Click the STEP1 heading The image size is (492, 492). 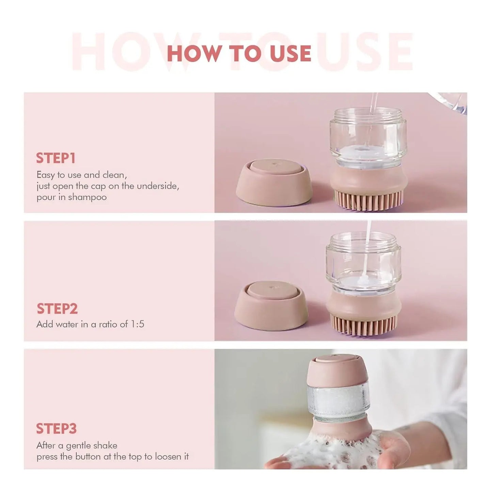pos(56,158)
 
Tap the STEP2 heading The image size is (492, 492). pos(57,308)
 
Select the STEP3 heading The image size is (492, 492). pos(56,429)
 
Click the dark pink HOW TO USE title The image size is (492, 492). pos(239,53)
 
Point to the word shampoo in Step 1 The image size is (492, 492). pos(87,197)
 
